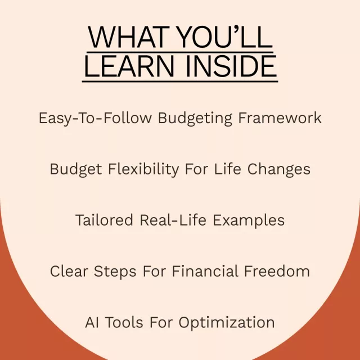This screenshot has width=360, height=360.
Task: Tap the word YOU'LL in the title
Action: [225, 37]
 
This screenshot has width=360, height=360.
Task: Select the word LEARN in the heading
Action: [129, 66]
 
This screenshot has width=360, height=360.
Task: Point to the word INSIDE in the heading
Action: [231, 66]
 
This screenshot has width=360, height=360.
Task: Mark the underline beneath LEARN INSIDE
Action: [180, 81]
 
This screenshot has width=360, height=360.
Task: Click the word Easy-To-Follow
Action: [95, 119]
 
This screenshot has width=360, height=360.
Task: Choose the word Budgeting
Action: [195, 119]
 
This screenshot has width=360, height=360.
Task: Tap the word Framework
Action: [280, 118]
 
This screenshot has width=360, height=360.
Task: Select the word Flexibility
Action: [143, 169]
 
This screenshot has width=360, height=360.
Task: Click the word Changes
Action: [279, 169]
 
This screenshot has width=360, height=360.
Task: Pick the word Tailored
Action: [104, 220]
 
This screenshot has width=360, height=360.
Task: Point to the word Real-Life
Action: [173, 220]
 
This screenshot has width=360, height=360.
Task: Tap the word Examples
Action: [249, 220]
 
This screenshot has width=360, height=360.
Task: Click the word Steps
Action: [115, 272]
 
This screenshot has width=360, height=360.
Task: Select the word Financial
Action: [205, 271]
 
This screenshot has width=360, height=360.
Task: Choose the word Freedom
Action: [277, 271]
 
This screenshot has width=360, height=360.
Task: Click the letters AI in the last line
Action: [92, 322]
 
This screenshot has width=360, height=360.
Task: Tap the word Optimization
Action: [227, 323]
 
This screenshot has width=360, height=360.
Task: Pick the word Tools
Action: [124, 322]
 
